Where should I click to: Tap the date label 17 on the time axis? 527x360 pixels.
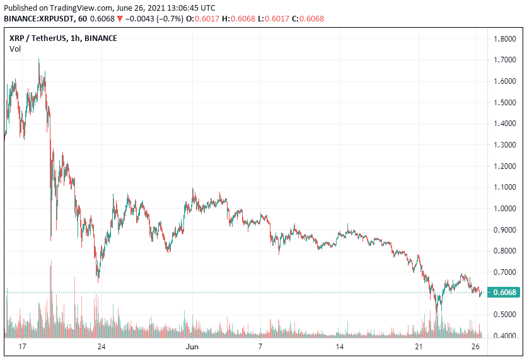(22, 347)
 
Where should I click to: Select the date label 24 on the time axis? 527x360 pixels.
(101, 347)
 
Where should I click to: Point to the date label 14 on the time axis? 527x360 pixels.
(339, 347)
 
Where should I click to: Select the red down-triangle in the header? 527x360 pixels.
(120, 18)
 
